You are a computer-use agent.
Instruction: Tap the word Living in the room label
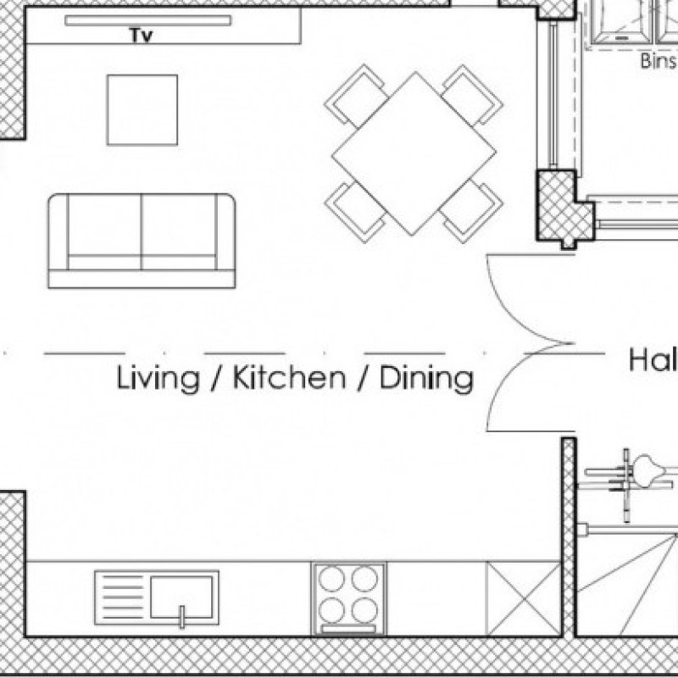(x=158, y=378)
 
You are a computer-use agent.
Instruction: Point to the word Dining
(x=425, y=378)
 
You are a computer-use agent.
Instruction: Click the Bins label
(x=659, y=61)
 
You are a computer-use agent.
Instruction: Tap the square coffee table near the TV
(x=142, y=109)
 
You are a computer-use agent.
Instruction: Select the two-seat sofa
(x=142, y=240)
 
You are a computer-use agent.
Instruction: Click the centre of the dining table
(x=413, y=153)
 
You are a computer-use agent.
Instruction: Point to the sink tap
(x=181, y=616)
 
